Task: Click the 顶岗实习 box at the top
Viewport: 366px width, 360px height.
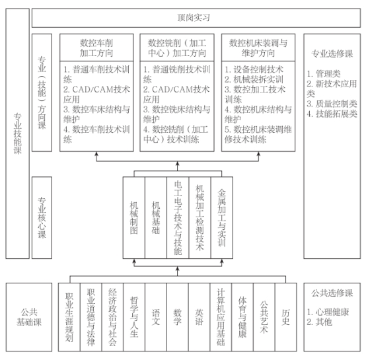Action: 196,18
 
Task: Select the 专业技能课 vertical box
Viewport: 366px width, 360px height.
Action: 17,133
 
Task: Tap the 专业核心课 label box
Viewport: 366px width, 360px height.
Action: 42,218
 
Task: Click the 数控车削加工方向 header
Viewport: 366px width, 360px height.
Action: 96,48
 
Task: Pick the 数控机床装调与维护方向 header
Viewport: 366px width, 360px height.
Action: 258,48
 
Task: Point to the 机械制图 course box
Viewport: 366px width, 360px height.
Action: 134,218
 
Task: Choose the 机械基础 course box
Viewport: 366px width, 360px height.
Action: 156,218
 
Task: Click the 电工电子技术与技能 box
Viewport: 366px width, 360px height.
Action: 178,218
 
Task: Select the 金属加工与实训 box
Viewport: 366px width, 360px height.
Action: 222,218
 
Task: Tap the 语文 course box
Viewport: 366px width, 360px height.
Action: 156,317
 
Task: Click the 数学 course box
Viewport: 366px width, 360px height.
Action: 178,317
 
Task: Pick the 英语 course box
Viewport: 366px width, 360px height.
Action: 199,317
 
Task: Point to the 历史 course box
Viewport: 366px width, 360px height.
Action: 286,317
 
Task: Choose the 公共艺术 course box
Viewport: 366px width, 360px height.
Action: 264,317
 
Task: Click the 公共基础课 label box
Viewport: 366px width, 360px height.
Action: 29,317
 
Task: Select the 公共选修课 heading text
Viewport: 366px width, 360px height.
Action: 332,293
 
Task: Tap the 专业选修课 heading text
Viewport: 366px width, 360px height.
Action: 332,54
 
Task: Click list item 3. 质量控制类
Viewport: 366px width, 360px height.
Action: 332,104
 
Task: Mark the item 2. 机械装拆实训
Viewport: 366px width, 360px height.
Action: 254,79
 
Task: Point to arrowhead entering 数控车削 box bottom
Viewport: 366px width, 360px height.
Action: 96,153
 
